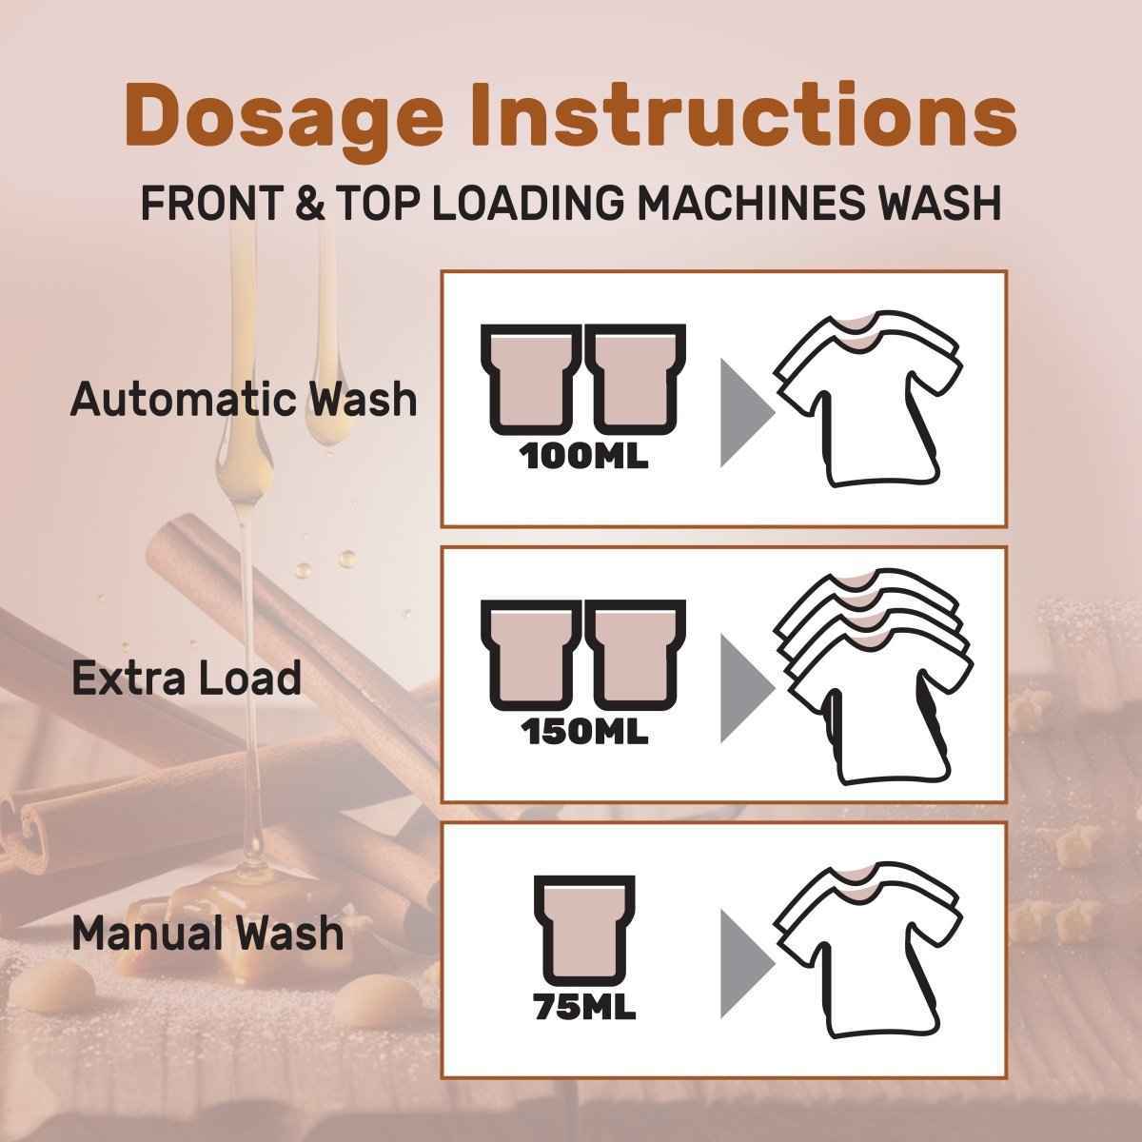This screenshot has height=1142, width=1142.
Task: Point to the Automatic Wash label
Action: pos(244,400)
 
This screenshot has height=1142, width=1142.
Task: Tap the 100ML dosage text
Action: pos(583,457)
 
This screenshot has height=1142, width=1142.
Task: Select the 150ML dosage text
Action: pos(585,733)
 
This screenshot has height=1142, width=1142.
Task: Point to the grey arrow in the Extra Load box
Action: pos(747,688)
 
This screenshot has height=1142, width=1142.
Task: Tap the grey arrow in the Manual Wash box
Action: pos(747,964)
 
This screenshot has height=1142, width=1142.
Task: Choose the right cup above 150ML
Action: pos(636,655)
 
